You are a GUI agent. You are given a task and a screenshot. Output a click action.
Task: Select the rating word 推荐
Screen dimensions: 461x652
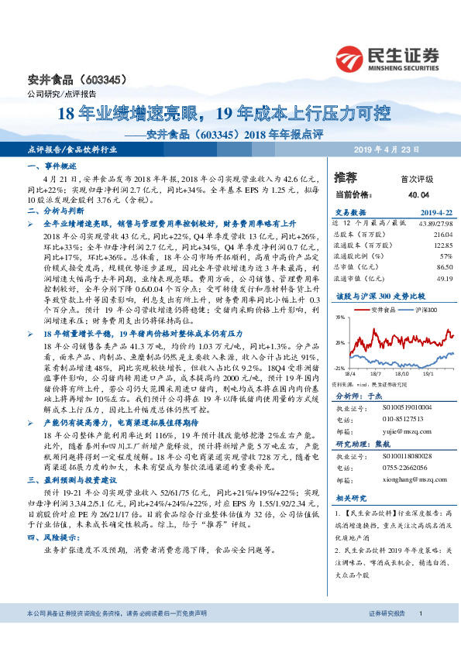pos(346,177)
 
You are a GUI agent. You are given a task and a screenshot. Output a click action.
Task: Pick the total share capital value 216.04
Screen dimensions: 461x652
pos(441,233)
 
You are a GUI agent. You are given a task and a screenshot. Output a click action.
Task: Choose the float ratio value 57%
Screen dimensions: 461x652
pos(446,255)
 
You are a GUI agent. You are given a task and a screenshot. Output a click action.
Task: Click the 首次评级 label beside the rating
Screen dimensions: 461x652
pos(416,178)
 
